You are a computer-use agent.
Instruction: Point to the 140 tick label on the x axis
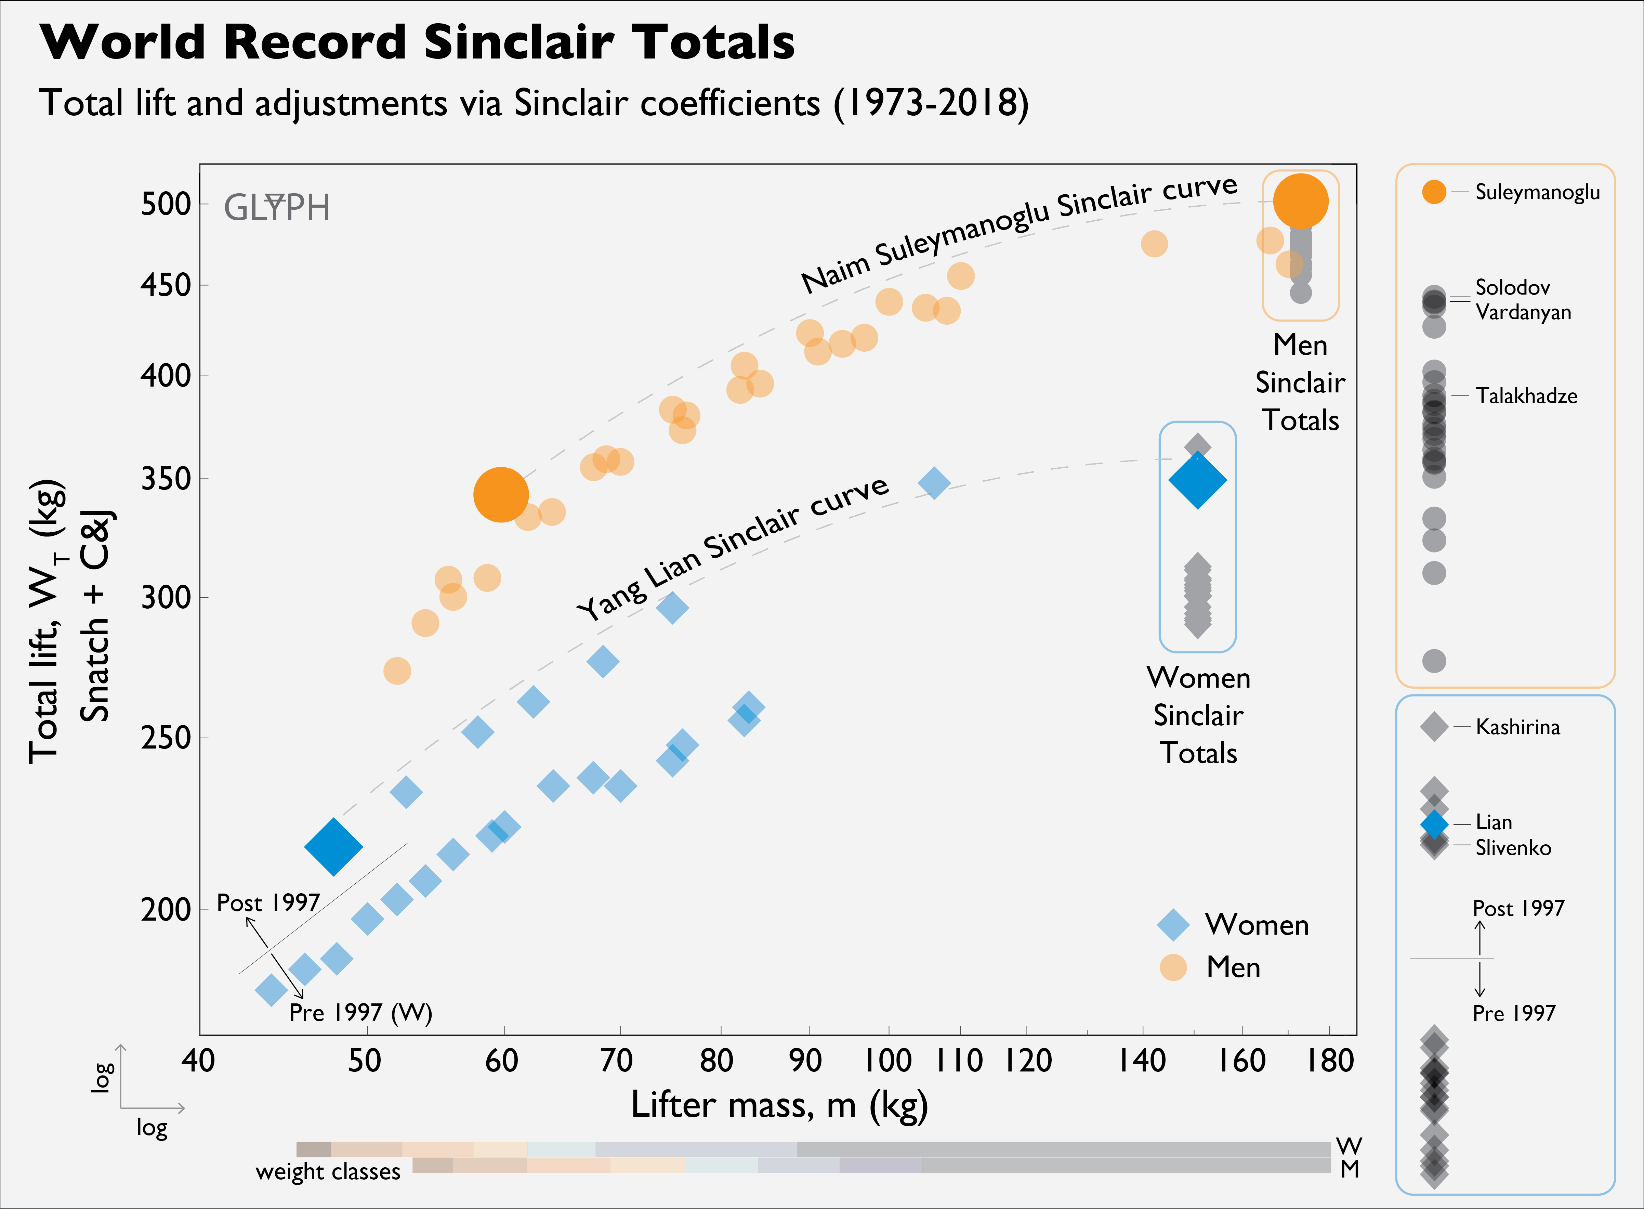click(1141, 1061)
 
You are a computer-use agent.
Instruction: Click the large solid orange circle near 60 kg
click(500, 495)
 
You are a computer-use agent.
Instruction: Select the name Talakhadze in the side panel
click(1526, 396)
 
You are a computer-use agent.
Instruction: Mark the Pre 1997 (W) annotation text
click(360, 1013)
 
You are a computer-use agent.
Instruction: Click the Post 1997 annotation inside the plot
click(268, 903)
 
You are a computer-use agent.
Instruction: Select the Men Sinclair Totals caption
click(1300, 382)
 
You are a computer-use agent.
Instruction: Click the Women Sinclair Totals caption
click(1198, 715)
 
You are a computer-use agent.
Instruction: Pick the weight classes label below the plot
click(328, 1172)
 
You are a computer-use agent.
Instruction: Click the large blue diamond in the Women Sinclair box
click(1197, 480)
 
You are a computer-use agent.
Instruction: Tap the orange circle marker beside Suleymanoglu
click(1434, 192)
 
